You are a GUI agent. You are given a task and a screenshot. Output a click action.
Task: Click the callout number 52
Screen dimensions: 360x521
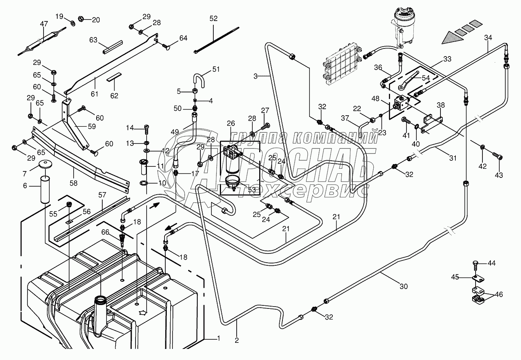(x=213, y=18)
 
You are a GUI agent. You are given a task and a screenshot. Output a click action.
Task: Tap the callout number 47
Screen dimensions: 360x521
(x=44, y=24)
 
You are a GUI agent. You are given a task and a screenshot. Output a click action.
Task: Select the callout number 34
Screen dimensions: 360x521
(x=488, y=37)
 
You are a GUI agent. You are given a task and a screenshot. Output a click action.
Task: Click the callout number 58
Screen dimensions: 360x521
(x=73, y=183)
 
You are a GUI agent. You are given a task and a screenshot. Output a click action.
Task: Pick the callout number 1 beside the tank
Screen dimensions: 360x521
(x=218, y=338)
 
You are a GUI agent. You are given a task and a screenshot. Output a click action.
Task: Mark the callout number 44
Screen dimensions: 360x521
(x=491, y=263)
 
